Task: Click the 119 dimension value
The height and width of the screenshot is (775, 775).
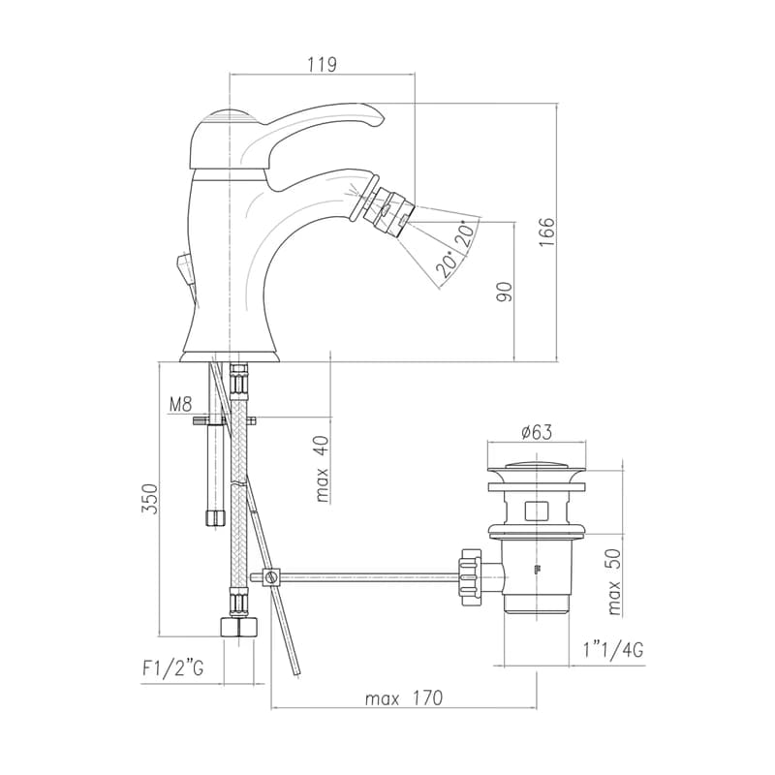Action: (x=322, y=65)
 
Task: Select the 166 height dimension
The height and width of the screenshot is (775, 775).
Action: (x=547, y=232)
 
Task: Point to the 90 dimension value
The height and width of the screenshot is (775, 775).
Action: (x=505, y=293)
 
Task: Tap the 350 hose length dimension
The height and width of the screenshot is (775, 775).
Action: (x=149, y=499)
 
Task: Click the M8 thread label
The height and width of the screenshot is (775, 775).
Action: (x=180, y=405)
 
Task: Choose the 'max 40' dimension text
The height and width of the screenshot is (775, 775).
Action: (x=322, y=469)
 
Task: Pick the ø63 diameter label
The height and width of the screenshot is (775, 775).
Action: (x=537, y=432)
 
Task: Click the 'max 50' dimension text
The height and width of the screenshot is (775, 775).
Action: (x=614, y=582)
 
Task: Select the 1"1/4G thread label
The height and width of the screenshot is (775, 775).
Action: (x=613, y=650)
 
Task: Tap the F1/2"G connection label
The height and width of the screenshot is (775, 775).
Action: (x=173, y=668)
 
